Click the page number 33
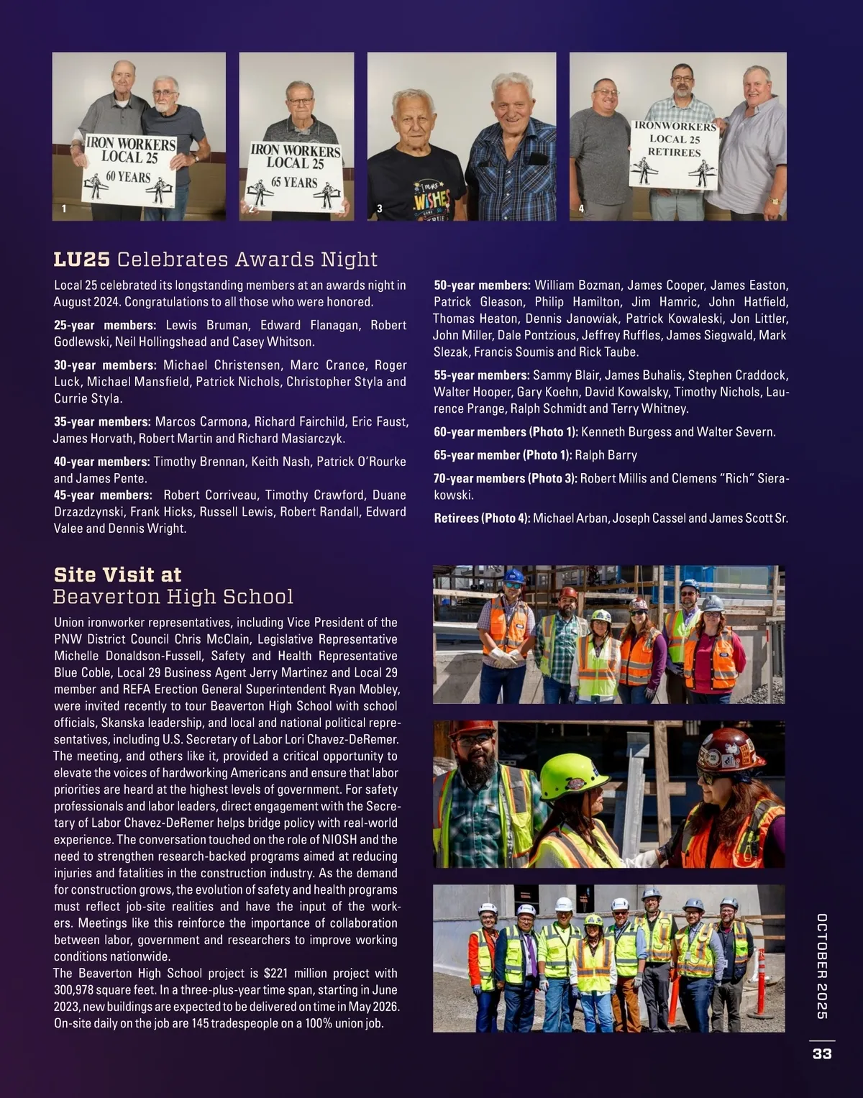(x=821, y=1053)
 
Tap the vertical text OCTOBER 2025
(x=822, y=966)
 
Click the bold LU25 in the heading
(x=82, y=260)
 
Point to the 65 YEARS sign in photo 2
(x=294, y=176)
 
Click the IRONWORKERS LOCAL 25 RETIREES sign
(x=674, y=154)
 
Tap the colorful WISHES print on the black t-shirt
(x=431, y=198)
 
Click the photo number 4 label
(x=581, y=209)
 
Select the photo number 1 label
(x=64, y=209)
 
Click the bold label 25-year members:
(x=104, y=326)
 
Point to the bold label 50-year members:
(x=482, y=285)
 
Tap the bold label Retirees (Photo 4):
(x=481, y=518)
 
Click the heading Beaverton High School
(x=173, y=597)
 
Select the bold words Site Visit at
(x=117, y=575)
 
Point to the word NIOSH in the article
(x=334, y=840)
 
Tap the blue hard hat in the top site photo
(x=514, y=576)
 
